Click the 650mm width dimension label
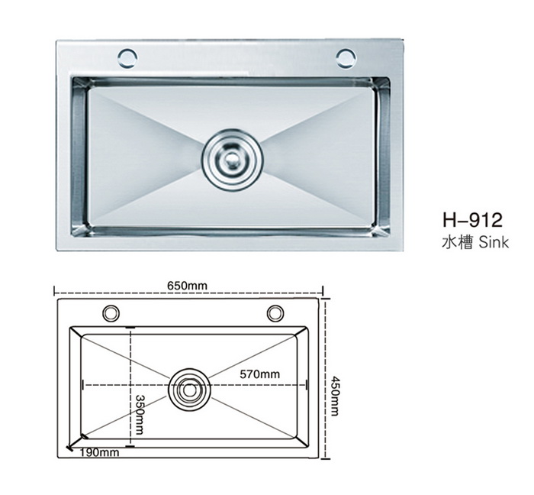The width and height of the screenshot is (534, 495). [x=187, y=286]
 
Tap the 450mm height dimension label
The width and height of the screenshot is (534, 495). [x=335, y=396]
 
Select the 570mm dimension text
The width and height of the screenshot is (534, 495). [x=260, y=374]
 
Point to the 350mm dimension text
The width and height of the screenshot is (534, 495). [x=140, y=415]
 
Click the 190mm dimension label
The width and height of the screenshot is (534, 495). [x=99, y=452]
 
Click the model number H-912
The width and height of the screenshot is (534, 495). [x=473, y=220]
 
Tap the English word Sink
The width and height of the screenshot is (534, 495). [x=494, y=242]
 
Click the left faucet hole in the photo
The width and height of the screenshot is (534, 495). [x=127, y=57]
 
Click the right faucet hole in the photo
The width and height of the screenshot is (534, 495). [x=346, y=57]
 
